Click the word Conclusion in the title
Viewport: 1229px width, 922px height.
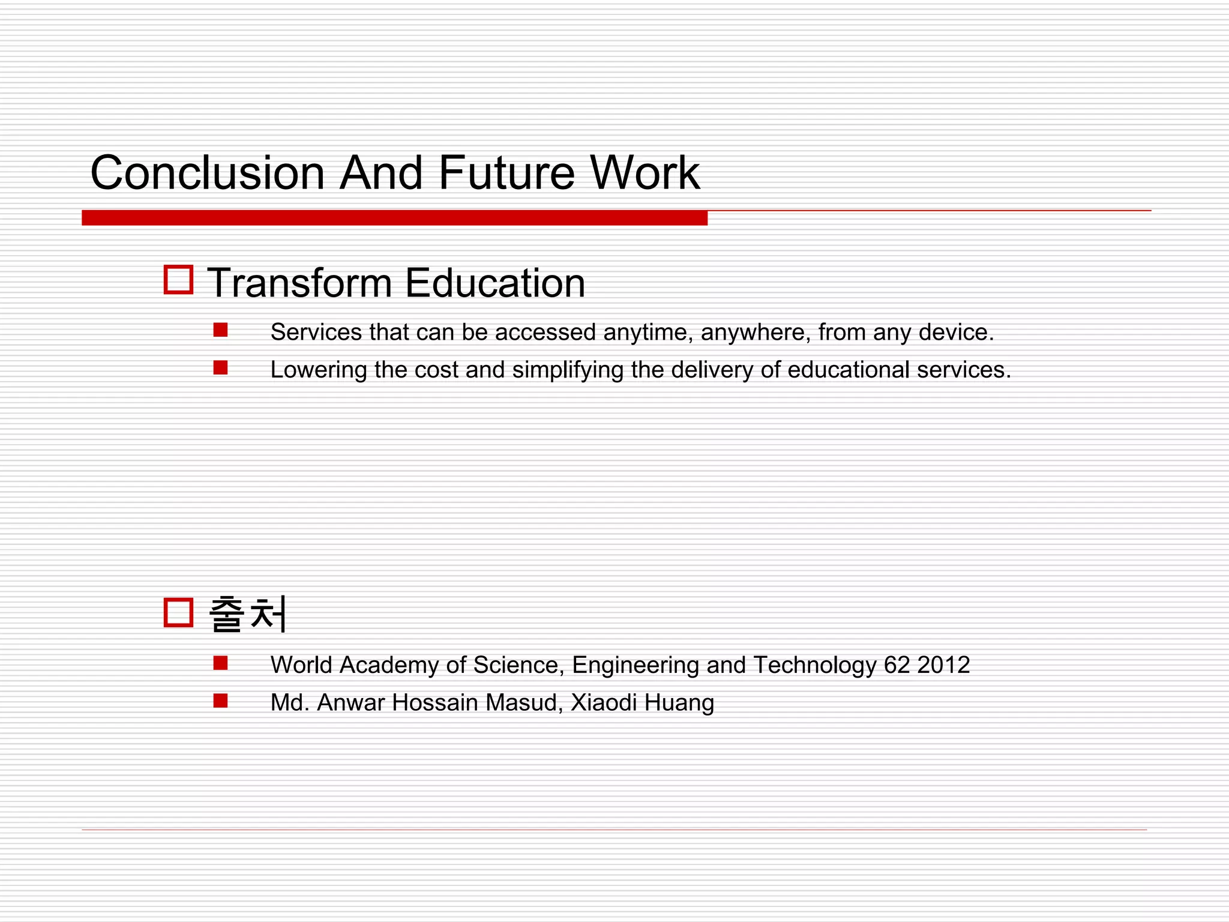(207, 173)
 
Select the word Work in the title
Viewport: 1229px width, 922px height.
(645, 173)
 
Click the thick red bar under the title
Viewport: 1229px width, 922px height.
(394, 218)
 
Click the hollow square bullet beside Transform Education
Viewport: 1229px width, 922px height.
(178, 280)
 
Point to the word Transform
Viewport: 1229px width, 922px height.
(299, 283)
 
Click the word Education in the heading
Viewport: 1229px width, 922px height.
(495, 283)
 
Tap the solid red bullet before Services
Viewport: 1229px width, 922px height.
(220, 330)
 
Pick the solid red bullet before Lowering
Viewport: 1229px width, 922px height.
(220, 367)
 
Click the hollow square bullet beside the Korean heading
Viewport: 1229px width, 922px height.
(178, 612)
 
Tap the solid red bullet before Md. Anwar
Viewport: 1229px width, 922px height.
(220, 701)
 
